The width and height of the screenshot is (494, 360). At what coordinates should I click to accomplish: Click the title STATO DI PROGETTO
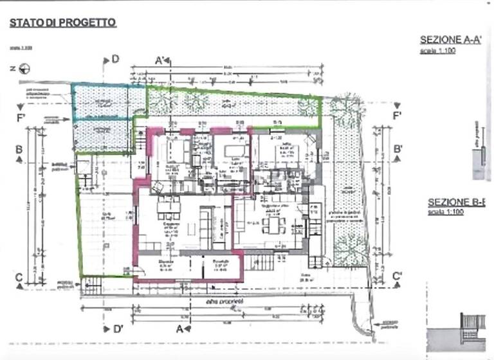coord(62,22)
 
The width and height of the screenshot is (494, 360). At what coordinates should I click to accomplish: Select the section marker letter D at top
coord(115,59)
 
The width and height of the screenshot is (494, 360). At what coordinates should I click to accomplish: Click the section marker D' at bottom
coord(118,328)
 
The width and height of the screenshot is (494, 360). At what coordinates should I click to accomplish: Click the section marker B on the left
coord(19,149)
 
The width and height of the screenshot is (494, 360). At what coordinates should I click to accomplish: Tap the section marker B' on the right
coord(398,149)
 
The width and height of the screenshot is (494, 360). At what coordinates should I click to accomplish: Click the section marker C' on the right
coord(398,276)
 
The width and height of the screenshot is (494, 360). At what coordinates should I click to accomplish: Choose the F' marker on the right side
coord(397,116)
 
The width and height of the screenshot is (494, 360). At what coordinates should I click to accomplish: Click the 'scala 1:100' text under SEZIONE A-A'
coord(437,51)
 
